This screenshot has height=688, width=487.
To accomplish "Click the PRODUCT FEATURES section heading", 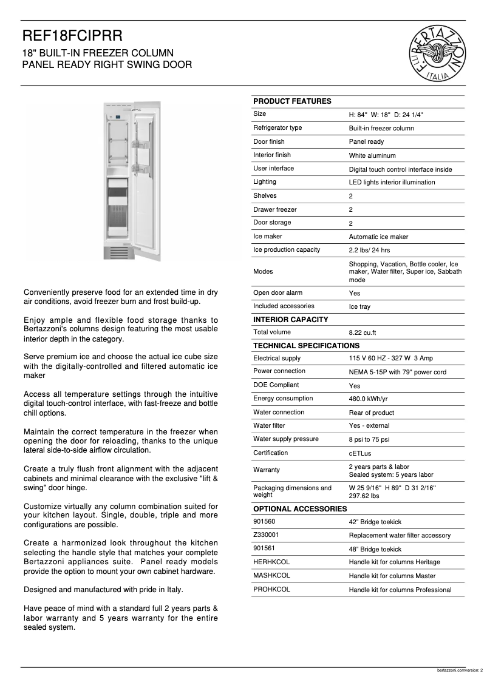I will click(x=292, y=101).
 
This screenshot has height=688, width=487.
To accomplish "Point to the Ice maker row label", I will click(x=267, y=237).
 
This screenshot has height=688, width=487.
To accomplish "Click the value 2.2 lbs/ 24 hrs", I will click(x=369, y=251).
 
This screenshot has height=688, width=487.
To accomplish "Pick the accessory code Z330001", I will click(x=267, y=535).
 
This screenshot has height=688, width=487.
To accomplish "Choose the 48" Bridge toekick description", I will click(x=375, y=549).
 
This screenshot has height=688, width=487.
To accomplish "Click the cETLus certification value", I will click(x=360, y=454).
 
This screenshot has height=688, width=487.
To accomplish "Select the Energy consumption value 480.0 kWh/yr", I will click(x=368, y=399).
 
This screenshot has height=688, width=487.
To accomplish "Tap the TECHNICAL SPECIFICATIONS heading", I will click(x=306, y=346).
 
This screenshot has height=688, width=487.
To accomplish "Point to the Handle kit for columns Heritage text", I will click(x=394, y=562).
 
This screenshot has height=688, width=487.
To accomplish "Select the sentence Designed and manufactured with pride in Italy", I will click(x=103, y=589).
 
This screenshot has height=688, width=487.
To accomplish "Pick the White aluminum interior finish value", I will click(x=372, y=156).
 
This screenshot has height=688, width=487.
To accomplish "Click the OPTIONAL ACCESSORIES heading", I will click(x=300, y=508).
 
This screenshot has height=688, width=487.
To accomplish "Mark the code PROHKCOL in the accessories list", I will click(x=271, y=590).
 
